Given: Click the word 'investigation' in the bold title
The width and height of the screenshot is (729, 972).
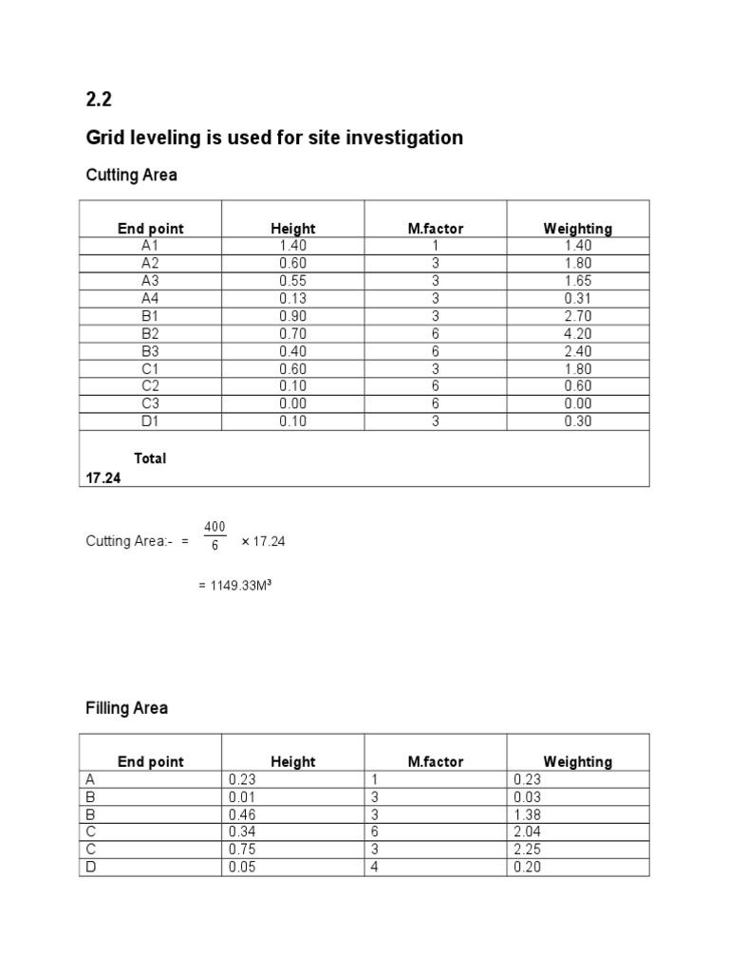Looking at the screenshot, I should click(405, 139).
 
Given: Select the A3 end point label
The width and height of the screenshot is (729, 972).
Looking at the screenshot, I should click(151, 281).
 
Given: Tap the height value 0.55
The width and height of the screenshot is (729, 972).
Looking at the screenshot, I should click(293, 281).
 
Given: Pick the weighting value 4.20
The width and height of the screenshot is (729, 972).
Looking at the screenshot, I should click(577, 333).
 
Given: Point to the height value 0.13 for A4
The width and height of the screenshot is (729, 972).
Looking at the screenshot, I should click(293, 298).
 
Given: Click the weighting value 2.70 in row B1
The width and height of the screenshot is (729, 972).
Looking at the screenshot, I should click(577, 316).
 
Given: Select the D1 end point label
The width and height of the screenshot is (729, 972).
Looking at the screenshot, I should click(151, 421).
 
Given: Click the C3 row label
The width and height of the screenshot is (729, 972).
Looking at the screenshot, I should click(151, 403).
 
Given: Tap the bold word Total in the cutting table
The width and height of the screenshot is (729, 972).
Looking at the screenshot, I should click(150, 458).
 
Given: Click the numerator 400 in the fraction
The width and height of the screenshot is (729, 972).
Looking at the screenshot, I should click(215, 527).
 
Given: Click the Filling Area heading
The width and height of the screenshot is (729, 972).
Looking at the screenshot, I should click(126, 708).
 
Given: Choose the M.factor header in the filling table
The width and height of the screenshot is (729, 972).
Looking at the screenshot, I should click(436, 761).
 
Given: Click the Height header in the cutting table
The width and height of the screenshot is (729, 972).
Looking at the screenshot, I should click(293, 229).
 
